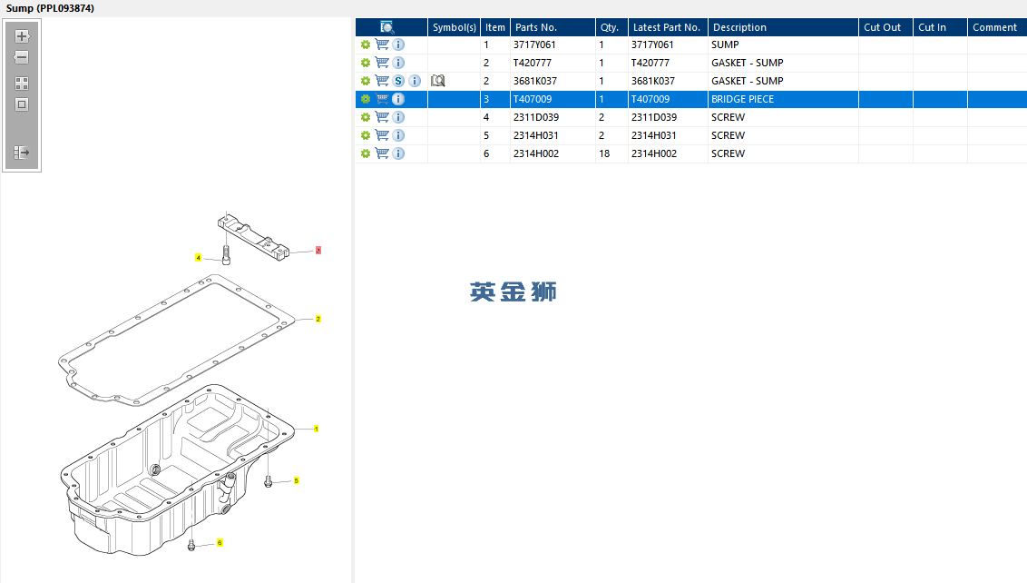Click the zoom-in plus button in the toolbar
click(x=22, y=36)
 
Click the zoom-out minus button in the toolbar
click(x=22, y=57)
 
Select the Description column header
click(x=739, y=27)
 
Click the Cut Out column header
click(x=882, y=27)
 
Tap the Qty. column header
click(x=609, y=27)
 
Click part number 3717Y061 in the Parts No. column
click(x=534, y=44)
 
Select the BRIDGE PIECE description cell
click(x=743, y=99)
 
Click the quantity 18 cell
click(x=604, y=153)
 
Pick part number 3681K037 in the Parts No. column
click(x=535, y=81)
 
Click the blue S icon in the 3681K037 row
click(x=398, y=81)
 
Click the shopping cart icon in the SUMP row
click(x=382, y=44)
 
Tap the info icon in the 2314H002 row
click(x=398, y=153)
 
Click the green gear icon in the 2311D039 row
click(x=366, y=117)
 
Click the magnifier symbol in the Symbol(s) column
click(x=437, y=81)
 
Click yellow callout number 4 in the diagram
click(x=198, y=258)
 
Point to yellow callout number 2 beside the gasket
click(x=318, y=319)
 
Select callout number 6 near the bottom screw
click(x=220, y=542)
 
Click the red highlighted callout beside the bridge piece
click(x=318, y=250)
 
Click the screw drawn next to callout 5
click(x=268, y=481)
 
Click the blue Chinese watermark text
click(x=513, y=291)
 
